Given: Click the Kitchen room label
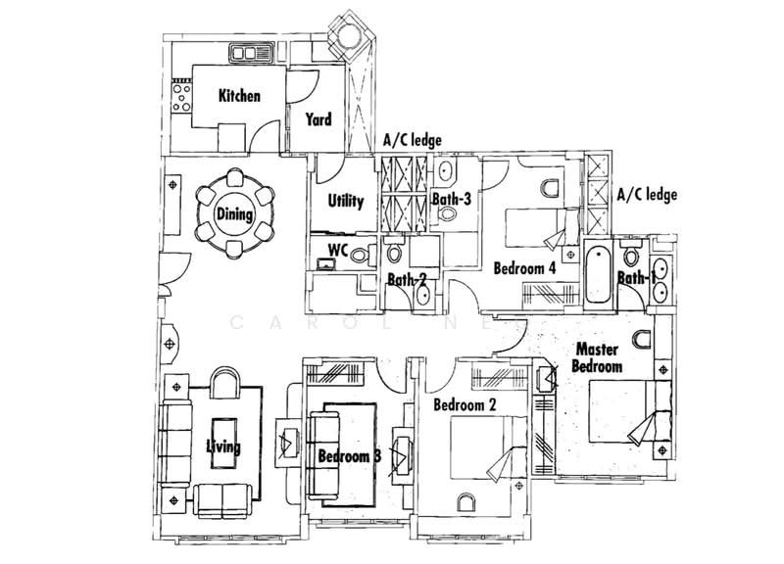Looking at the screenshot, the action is [239, 95].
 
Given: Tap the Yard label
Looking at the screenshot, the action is [318, 119].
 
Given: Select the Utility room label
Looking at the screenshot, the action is [346, 201].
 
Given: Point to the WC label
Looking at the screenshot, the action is [338, 250].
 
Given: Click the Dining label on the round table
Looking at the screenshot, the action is [234, 214].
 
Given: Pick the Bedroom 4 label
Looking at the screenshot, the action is [524, 268].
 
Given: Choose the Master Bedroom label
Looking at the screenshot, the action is [597, 357].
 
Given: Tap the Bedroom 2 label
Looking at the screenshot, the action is [465, 404].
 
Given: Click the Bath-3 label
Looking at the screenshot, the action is [452, 199].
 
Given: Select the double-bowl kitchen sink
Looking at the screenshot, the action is [251, 53].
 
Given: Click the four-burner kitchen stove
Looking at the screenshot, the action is [181, 97].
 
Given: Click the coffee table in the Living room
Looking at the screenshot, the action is [224, 443].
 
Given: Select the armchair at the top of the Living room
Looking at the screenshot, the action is [225, 382].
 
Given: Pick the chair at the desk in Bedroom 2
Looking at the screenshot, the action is [466, 502].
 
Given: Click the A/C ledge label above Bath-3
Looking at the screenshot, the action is [413, 140].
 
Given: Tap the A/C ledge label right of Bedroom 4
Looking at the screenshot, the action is [647, 194].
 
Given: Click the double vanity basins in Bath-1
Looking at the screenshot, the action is [661, 280].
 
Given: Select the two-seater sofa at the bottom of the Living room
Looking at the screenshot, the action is [222, 500].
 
